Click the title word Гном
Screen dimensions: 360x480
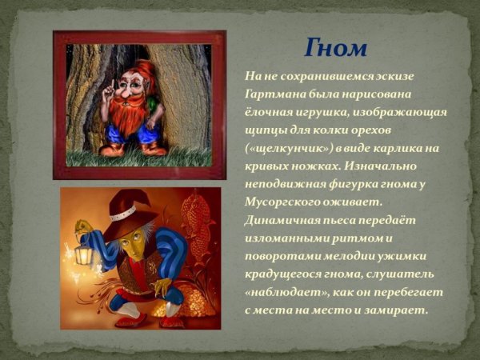pyautogui.click(x=335, y=47)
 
